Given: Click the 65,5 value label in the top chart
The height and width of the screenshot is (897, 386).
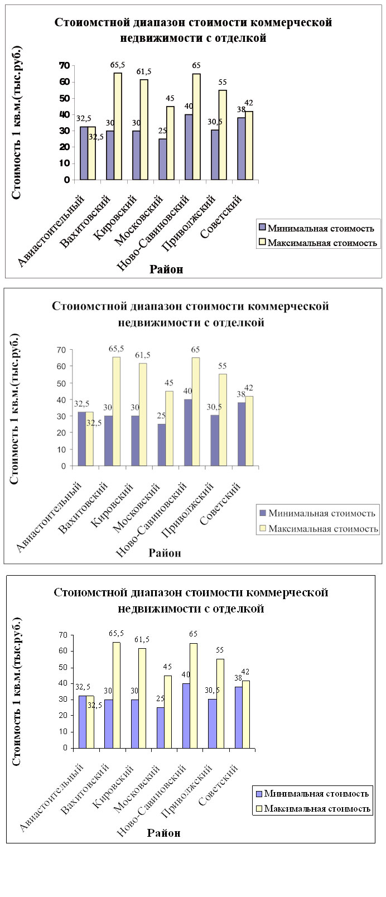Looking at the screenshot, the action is pyautogui.click(x=117, y=65).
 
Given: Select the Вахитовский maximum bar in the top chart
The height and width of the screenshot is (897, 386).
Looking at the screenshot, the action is pyautogui.click(x=118, y=126).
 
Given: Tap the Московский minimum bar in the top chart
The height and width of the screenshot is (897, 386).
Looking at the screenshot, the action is pyautogui.click(x=162, y=159).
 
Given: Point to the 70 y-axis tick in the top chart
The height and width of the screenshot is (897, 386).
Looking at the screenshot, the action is pyautogui.click(x=65, y=65).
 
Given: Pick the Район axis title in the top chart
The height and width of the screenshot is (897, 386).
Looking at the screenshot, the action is pyautogui.click(x=166, y=269).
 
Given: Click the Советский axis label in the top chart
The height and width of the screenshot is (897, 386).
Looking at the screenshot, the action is pyautogui.click(x=221, y=216).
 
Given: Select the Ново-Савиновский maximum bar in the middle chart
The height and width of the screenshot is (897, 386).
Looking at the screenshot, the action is pyautogui.click(x=196, y=412).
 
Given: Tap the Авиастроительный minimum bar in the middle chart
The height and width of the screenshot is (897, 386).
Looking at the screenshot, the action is pyautogui.click(x=81, y=439).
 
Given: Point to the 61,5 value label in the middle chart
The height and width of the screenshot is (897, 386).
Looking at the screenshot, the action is pyautogui.click(x=143, y=355).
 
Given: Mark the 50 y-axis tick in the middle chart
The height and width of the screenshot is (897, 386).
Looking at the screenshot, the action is pyautogui.click(x=61, y=383).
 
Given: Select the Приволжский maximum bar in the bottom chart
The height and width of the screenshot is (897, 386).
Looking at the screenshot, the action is pyautogui.click(x=220, y=703).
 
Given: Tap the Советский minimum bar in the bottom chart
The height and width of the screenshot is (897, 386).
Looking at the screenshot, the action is pyautogui.click(x=238, y=717).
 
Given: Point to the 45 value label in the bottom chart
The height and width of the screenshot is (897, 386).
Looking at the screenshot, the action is pyautogui.click(x=167, y=667).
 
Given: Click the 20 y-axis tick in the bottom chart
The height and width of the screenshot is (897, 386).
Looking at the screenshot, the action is pyautogui.click(x=64, y=715).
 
